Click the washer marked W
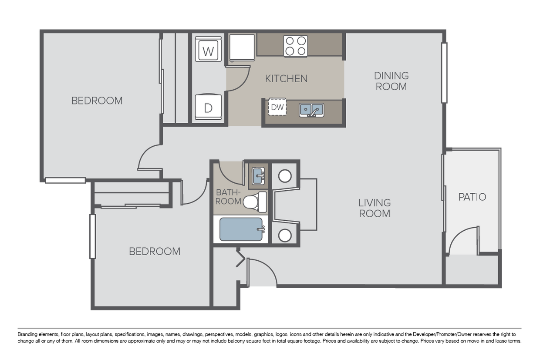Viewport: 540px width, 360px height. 209,51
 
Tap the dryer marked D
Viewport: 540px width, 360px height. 208,107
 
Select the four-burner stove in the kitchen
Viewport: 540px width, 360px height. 296,46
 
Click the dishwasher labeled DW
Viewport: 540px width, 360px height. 277,107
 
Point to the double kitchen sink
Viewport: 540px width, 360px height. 311,110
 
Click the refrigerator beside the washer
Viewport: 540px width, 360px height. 242,47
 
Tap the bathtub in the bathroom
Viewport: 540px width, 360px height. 241,229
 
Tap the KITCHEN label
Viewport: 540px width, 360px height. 286,79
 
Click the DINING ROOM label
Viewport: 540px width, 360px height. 391,81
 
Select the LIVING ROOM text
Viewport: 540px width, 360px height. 375,208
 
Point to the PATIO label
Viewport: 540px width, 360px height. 472,197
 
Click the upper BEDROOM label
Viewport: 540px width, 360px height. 97,101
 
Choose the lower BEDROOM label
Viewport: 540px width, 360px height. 155,251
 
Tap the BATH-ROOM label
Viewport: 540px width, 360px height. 228,197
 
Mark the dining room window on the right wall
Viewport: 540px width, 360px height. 444,73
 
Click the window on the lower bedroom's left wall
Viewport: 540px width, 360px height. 92,236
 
